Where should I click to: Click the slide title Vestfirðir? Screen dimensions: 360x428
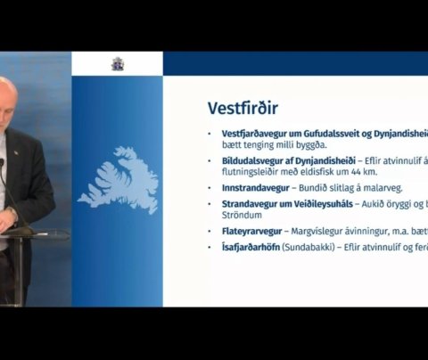[242, 108]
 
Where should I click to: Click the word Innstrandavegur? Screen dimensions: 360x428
[240, 189]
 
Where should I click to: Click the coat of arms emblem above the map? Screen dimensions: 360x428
[117, 63]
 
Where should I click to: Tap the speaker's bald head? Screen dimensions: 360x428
[15, 91]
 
